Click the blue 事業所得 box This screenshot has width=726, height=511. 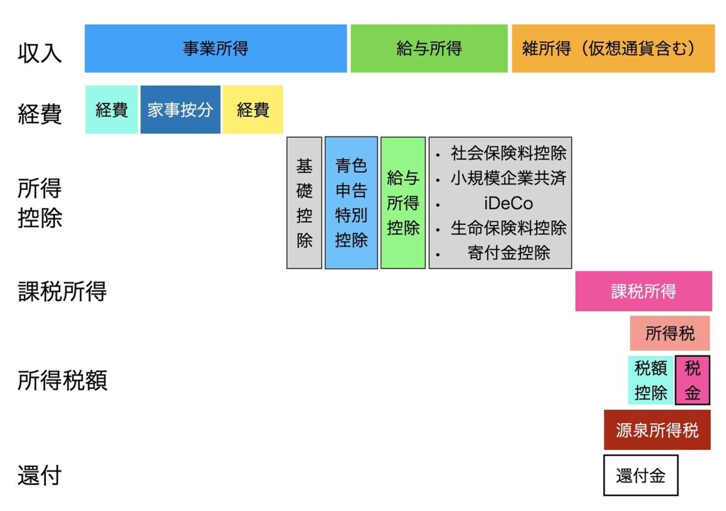click(x=216, y=49)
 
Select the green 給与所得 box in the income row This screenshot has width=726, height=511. click(x=429, y=49)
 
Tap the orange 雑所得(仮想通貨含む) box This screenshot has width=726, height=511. click(x=613, y=49)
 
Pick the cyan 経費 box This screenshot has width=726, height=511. click(x=112, y=109)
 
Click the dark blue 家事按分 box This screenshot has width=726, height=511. click(x=181, y=109)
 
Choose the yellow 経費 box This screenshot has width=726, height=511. click(x=253, y=109)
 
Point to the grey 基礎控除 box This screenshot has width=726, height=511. click(x=304, y=203)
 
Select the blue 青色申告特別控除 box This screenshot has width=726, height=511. click(x=351, y=203)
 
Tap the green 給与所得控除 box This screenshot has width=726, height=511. click(x=403, y=203)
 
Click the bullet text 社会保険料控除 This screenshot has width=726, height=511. click(x=509, y=153)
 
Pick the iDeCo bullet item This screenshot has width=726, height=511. click(x=509, y=203)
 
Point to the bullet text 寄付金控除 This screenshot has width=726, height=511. click(x=509, y=253)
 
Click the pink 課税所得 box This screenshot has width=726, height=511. click(x=643, y=291)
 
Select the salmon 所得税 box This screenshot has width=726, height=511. click(x=670, y=334)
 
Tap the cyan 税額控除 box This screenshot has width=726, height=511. click(x=651, y=380)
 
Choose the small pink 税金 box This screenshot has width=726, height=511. click(x=692, y=380)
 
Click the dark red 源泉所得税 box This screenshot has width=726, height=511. click(x=657, y=430)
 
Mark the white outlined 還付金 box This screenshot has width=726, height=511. click(x=640, y=475)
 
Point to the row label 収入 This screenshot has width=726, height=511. click(x=40, y=54)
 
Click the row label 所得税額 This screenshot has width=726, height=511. click(x=62, y=381)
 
